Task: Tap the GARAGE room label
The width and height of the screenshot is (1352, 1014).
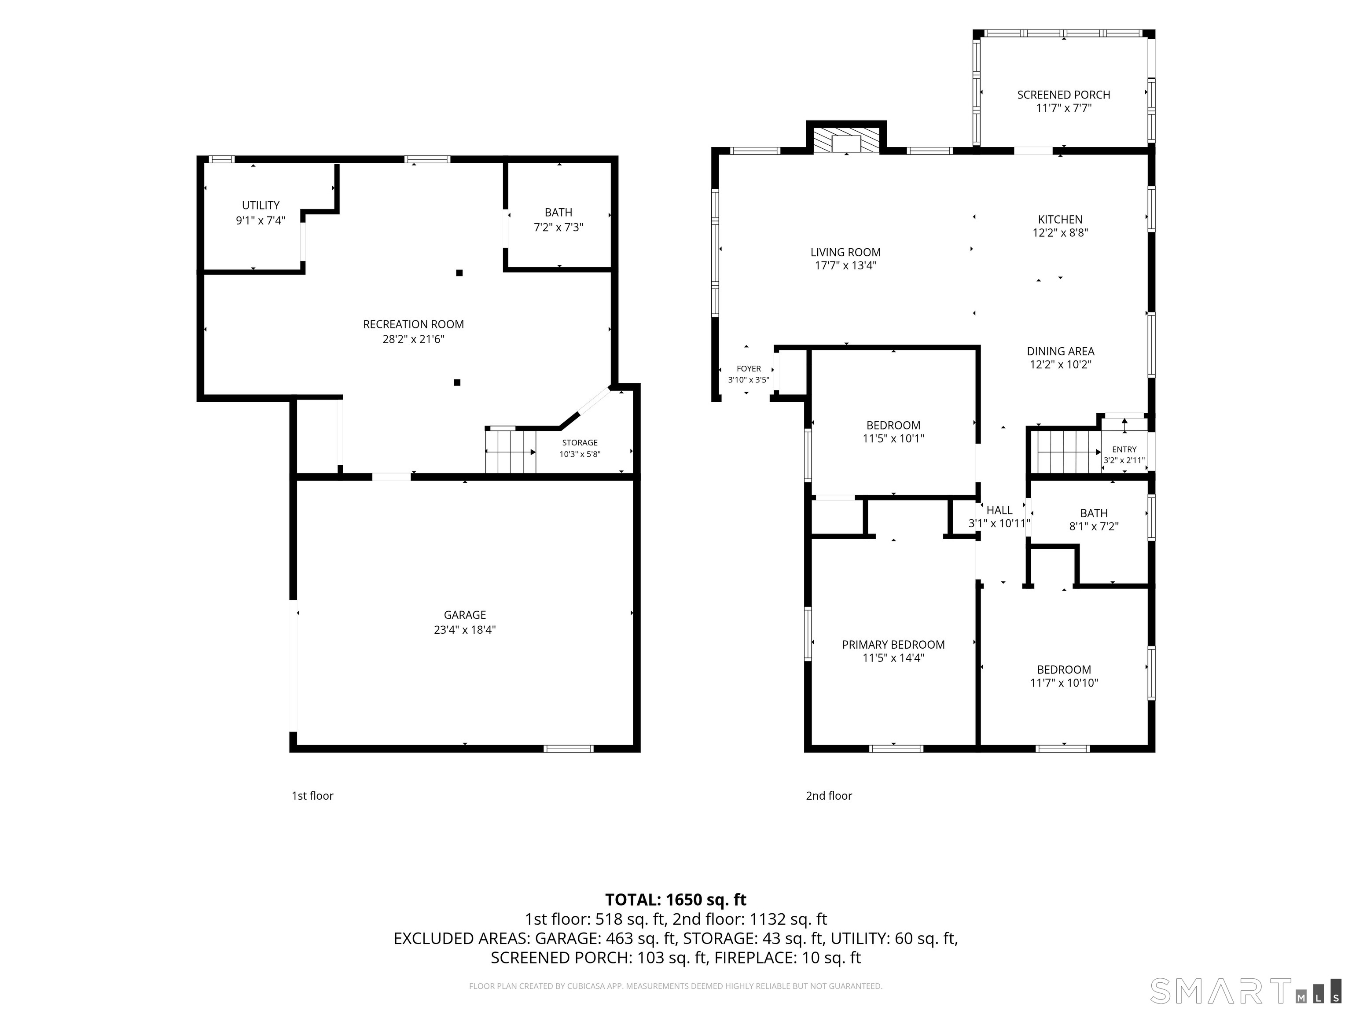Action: [x=465, y=615]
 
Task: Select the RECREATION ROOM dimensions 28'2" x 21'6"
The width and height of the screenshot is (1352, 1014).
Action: [x=413, y=339]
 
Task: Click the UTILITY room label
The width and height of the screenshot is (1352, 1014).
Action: [x=261, y=206]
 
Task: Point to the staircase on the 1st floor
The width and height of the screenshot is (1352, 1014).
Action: [x=511, y=451]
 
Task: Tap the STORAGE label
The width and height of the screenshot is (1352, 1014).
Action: [x=580, y=442]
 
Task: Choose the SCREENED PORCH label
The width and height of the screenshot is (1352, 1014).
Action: [x=1063, y=95]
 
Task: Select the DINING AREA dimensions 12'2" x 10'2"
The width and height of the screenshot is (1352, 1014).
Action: [x=1061, y=365]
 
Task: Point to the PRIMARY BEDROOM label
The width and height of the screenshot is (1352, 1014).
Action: [x=893, y=644]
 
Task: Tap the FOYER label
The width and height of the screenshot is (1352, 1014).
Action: [x=749, y=368]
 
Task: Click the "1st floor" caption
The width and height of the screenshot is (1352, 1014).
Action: [x=312, y=796]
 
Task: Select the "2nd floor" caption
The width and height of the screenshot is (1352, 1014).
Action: [x=829, y=796]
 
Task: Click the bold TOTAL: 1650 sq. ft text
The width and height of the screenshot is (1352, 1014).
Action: [x=676, y=900]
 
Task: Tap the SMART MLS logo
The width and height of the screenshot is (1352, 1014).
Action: [x=1245, y=991]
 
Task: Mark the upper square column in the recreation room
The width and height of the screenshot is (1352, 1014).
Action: [x=459, y=272]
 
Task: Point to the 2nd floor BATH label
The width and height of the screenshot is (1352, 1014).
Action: [x=1094, y=514]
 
